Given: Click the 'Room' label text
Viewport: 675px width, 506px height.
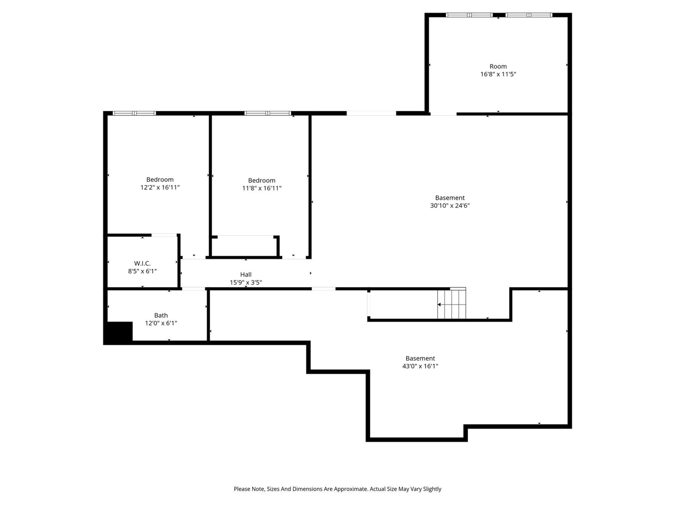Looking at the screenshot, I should tap(498, 66).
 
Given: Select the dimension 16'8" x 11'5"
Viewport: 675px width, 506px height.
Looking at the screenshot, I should tap(498, 74).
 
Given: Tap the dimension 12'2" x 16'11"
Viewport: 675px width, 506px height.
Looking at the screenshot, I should tap(160, 188).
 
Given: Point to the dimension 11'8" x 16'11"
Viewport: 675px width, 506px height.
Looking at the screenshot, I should tap(262, 188).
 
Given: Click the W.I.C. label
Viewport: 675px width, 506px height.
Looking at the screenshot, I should tap(142, 264).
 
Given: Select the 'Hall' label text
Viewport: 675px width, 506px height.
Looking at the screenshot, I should tap(246, 275).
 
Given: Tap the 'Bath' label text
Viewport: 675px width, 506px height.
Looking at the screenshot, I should tap(161, 316).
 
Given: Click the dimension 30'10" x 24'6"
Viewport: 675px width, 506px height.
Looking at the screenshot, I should tap(449, 206).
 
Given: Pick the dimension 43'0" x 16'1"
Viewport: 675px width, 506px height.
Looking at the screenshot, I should tap(420, 366).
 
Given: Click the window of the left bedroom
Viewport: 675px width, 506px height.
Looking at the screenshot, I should tap(134, 113).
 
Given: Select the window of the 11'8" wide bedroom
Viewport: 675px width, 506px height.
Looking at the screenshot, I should tap(267, 113).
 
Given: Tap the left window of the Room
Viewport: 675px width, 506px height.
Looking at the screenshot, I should tap(469, 15).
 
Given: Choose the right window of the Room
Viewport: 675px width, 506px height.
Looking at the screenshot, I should tap(529, 15).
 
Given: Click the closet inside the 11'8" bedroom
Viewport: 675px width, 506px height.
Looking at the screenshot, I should tap(245, 246).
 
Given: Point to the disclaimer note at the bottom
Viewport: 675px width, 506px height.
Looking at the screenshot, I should tap(337, 489).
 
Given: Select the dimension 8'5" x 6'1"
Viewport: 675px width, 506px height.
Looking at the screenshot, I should tap(142, 271).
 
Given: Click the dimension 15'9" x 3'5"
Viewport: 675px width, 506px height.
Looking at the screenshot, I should tap(246, 283).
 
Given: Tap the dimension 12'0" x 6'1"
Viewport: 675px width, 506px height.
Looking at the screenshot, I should tap(161, 324).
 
